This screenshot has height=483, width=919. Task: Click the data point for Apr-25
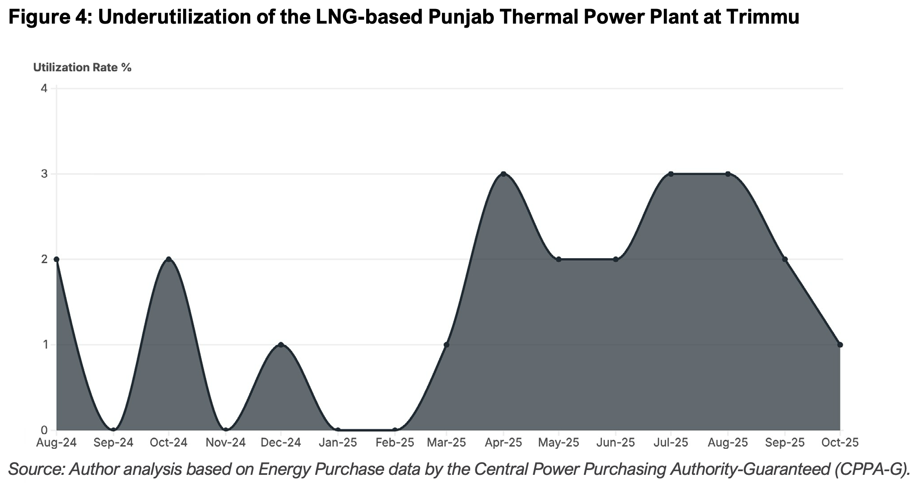[x=504, y=174]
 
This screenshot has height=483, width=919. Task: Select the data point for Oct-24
[x=168, y=259]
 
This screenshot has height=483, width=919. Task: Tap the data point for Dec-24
[x=281, y=345]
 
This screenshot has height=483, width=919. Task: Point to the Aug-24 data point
[x=57, y=259]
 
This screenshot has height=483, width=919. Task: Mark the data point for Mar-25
[x=446, y=345]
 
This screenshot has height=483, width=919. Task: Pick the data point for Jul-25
[x=671, y=174]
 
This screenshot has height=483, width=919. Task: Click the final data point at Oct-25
[x=840, y=345]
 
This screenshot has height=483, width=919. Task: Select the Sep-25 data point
[x=785, y=259]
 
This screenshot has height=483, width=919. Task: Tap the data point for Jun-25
[x=616, y=259]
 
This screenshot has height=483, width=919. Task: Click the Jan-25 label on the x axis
[x=337, y=443]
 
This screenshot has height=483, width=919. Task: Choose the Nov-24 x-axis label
[x=225, y=443]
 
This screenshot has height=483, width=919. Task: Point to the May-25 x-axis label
[x=559, y=443]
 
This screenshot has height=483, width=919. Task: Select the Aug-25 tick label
[x=728, y=443]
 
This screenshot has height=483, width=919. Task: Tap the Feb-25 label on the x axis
[x=395, y=443]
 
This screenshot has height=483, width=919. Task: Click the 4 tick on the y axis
[x=44, y=88]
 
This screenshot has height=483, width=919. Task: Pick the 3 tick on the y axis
[x=44, y=174]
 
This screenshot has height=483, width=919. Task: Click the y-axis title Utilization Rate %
[x=82, y=68]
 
